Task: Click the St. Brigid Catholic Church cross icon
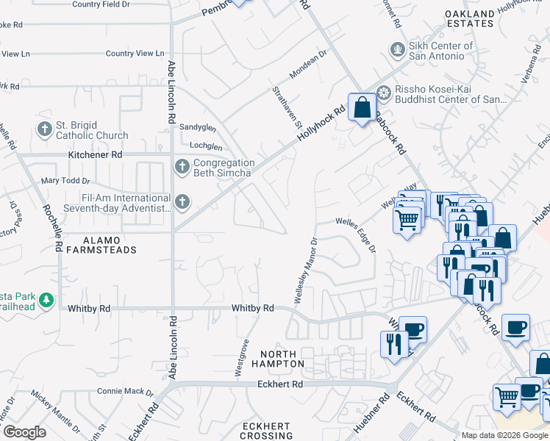tap(44, 129)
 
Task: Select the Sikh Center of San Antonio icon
tap(398, 50)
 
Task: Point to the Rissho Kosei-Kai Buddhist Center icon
tap(383, 93)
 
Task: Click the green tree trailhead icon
tap(46, 300)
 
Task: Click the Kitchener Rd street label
tap(95, 155)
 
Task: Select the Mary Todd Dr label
tap(65, 180)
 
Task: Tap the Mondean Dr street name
tap(308, 65)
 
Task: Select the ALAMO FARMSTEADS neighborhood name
tap(99, 245)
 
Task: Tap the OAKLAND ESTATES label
tap(470, 18)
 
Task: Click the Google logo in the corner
tap(24, 432)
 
